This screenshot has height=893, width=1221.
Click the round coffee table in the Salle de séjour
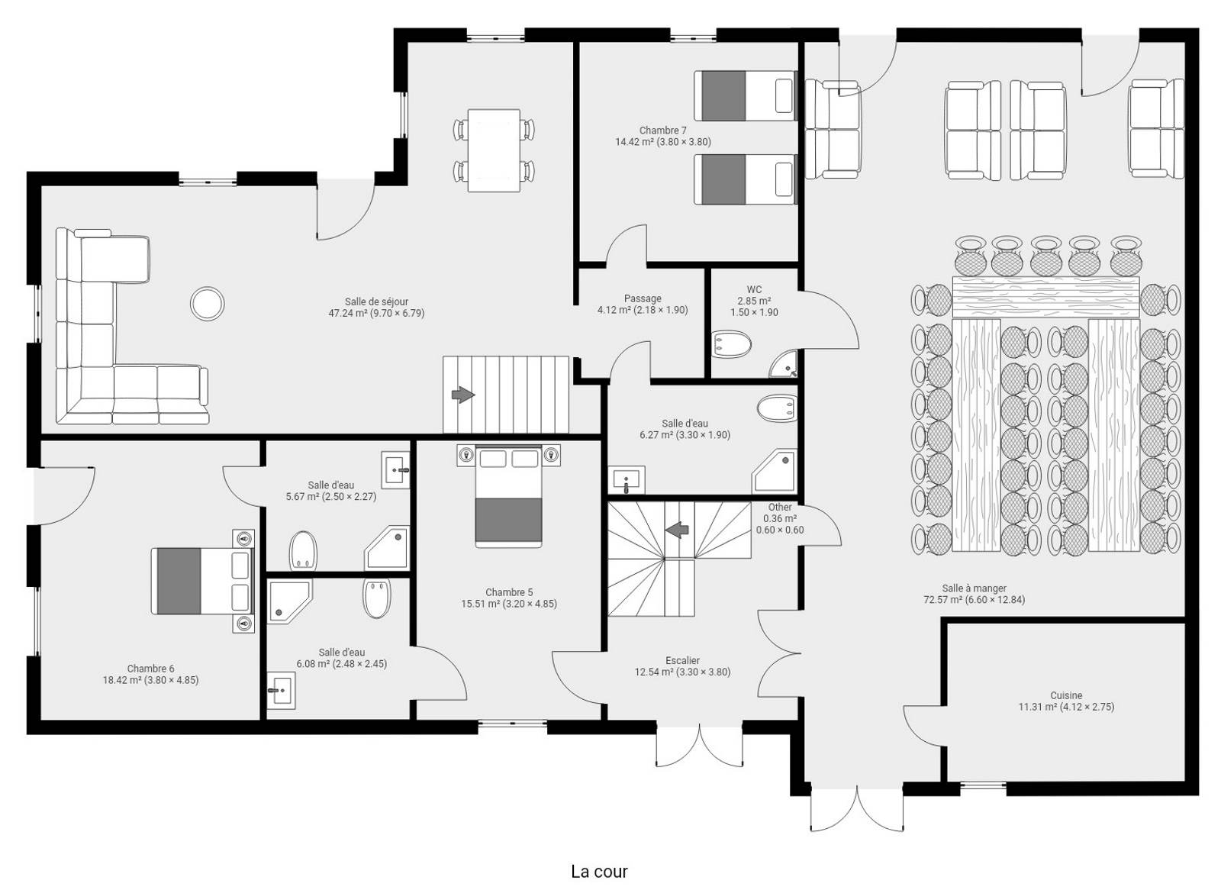207,303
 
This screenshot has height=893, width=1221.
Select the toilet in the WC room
732,344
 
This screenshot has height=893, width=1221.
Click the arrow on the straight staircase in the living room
462,394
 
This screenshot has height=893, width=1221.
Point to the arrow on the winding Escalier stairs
677,530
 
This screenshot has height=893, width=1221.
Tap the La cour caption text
599,871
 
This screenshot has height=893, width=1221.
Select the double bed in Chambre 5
508,495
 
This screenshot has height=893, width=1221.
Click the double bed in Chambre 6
203,581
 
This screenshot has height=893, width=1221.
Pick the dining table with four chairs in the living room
494,150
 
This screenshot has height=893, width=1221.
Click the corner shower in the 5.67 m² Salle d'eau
387,548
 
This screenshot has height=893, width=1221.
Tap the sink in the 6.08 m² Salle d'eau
282,691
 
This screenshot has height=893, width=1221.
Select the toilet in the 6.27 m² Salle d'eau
778,408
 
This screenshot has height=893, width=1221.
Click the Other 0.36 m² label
780,518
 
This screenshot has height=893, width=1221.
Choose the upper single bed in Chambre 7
746,95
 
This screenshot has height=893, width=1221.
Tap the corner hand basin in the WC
783,364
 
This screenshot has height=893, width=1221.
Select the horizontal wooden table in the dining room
1045,297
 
